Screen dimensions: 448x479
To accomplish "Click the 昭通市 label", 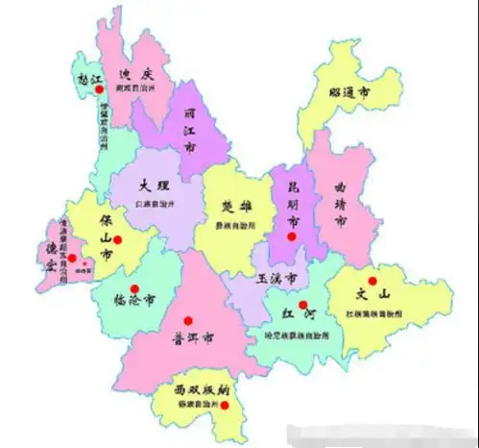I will click(350, 92).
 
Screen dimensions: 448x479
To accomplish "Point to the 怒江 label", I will click(89, 80).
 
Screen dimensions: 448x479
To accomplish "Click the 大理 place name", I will click(154, 186).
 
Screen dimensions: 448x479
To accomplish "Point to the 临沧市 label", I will click(134, 295).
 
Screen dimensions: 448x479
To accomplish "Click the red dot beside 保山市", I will click(117, 239).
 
